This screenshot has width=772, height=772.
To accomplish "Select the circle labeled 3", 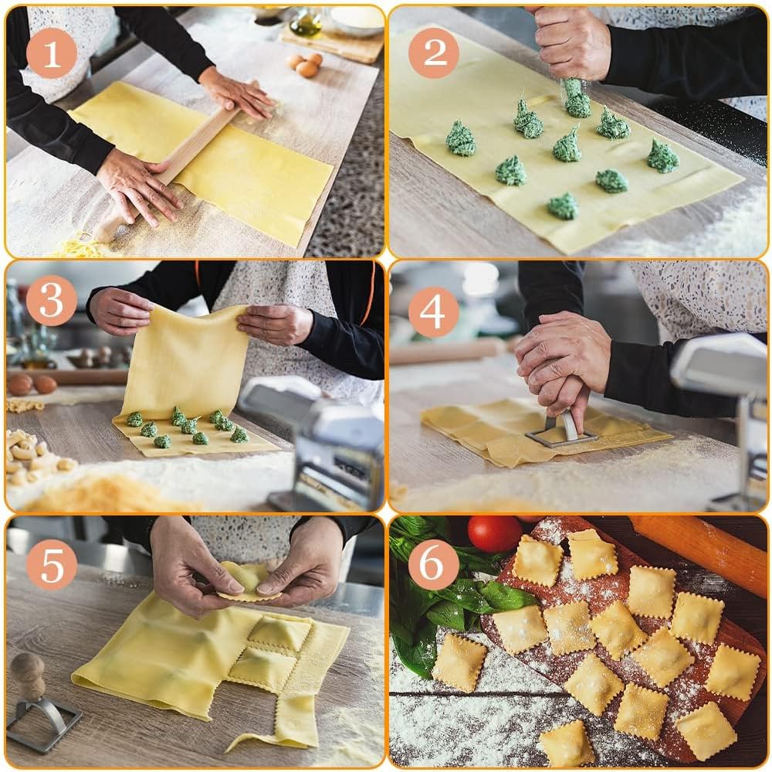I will pos(51,300).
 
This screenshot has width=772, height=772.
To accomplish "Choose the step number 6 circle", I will pos(433,564).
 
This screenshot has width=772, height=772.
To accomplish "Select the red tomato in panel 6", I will pos(495,533).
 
